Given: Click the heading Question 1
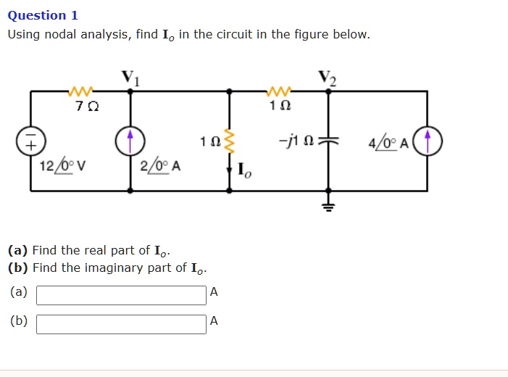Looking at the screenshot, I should (43, 15).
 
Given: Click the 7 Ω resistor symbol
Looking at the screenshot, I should (80, 91).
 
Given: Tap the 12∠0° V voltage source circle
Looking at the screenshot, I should (31, 141).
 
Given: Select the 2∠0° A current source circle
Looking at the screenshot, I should (130, 141).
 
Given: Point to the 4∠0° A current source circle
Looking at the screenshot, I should (428, 141).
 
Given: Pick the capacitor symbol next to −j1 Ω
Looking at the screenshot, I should (328, 141).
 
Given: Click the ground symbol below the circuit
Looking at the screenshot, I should (328, 206).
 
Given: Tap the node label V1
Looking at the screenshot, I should (130, 78).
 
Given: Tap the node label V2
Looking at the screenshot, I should (328, 78).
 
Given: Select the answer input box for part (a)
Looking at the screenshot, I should (121, 295).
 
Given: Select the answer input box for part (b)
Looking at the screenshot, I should (121, 324).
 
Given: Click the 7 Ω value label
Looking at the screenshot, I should (81, 107).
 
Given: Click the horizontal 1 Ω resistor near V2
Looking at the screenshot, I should (279, 91).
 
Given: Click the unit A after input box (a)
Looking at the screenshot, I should (213, 292).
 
